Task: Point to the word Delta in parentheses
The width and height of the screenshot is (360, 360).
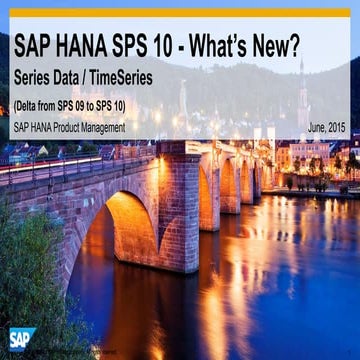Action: click(30, 104)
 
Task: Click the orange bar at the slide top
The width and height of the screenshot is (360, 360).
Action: click(180, 13)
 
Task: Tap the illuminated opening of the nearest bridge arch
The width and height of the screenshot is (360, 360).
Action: click(110, 240)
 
